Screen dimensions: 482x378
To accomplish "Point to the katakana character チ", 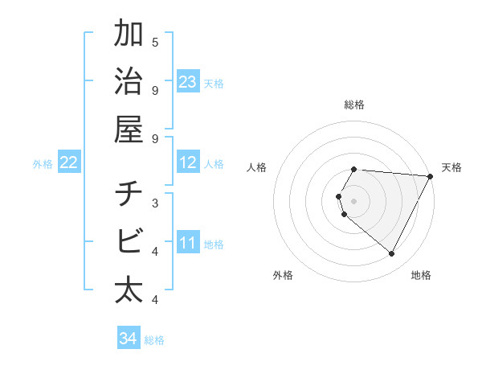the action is click(129, 195).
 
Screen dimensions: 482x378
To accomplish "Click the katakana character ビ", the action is click(129, 241).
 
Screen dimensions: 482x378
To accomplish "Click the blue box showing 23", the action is click(187, 82).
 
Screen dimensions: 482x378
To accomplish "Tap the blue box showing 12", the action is click(187, 162).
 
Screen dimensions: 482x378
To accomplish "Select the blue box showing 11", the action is click(187, 243).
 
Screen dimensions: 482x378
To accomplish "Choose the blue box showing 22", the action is click(69, 162).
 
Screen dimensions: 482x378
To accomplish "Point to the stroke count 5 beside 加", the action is click(155, 42).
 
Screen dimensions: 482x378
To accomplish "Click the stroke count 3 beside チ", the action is click(155, 203).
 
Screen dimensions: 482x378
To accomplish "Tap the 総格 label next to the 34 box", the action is click(154, 340).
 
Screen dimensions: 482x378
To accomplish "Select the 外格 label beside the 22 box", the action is click(43, 164).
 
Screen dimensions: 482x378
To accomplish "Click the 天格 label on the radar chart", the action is click(451, 167).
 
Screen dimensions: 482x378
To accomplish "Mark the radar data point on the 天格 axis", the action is click(431, 176).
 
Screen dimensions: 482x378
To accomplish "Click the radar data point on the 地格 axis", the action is click(392, 254).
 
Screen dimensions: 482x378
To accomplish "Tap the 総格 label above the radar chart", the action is click(354, 105).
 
